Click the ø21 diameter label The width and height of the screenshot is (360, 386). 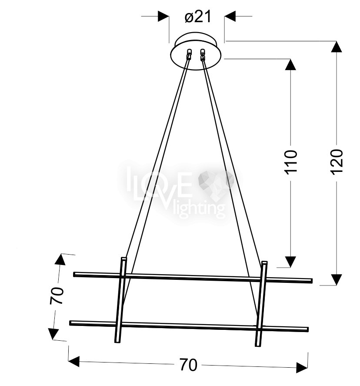click(x=198, y=17)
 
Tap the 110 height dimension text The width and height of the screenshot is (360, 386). click(x=291, y=162)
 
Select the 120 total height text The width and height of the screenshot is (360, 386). click(x=337, y=162)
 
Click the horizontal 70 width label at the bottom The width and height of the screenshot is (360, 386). click(x=188, y=365)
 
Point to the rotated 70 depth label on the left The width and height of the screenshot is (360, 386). click(x=57, y=295)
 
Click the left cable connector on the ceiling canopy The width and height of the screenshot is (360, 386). click(x=189, y=54)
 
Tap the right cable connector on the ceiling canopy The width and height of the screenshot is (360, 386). click(x=203, y=54)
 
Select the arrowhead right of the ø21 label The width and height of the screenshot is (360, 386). click(x=230, y=16)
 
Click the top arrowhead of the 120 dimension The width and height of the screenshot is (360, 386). click(x=337, y=47)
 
